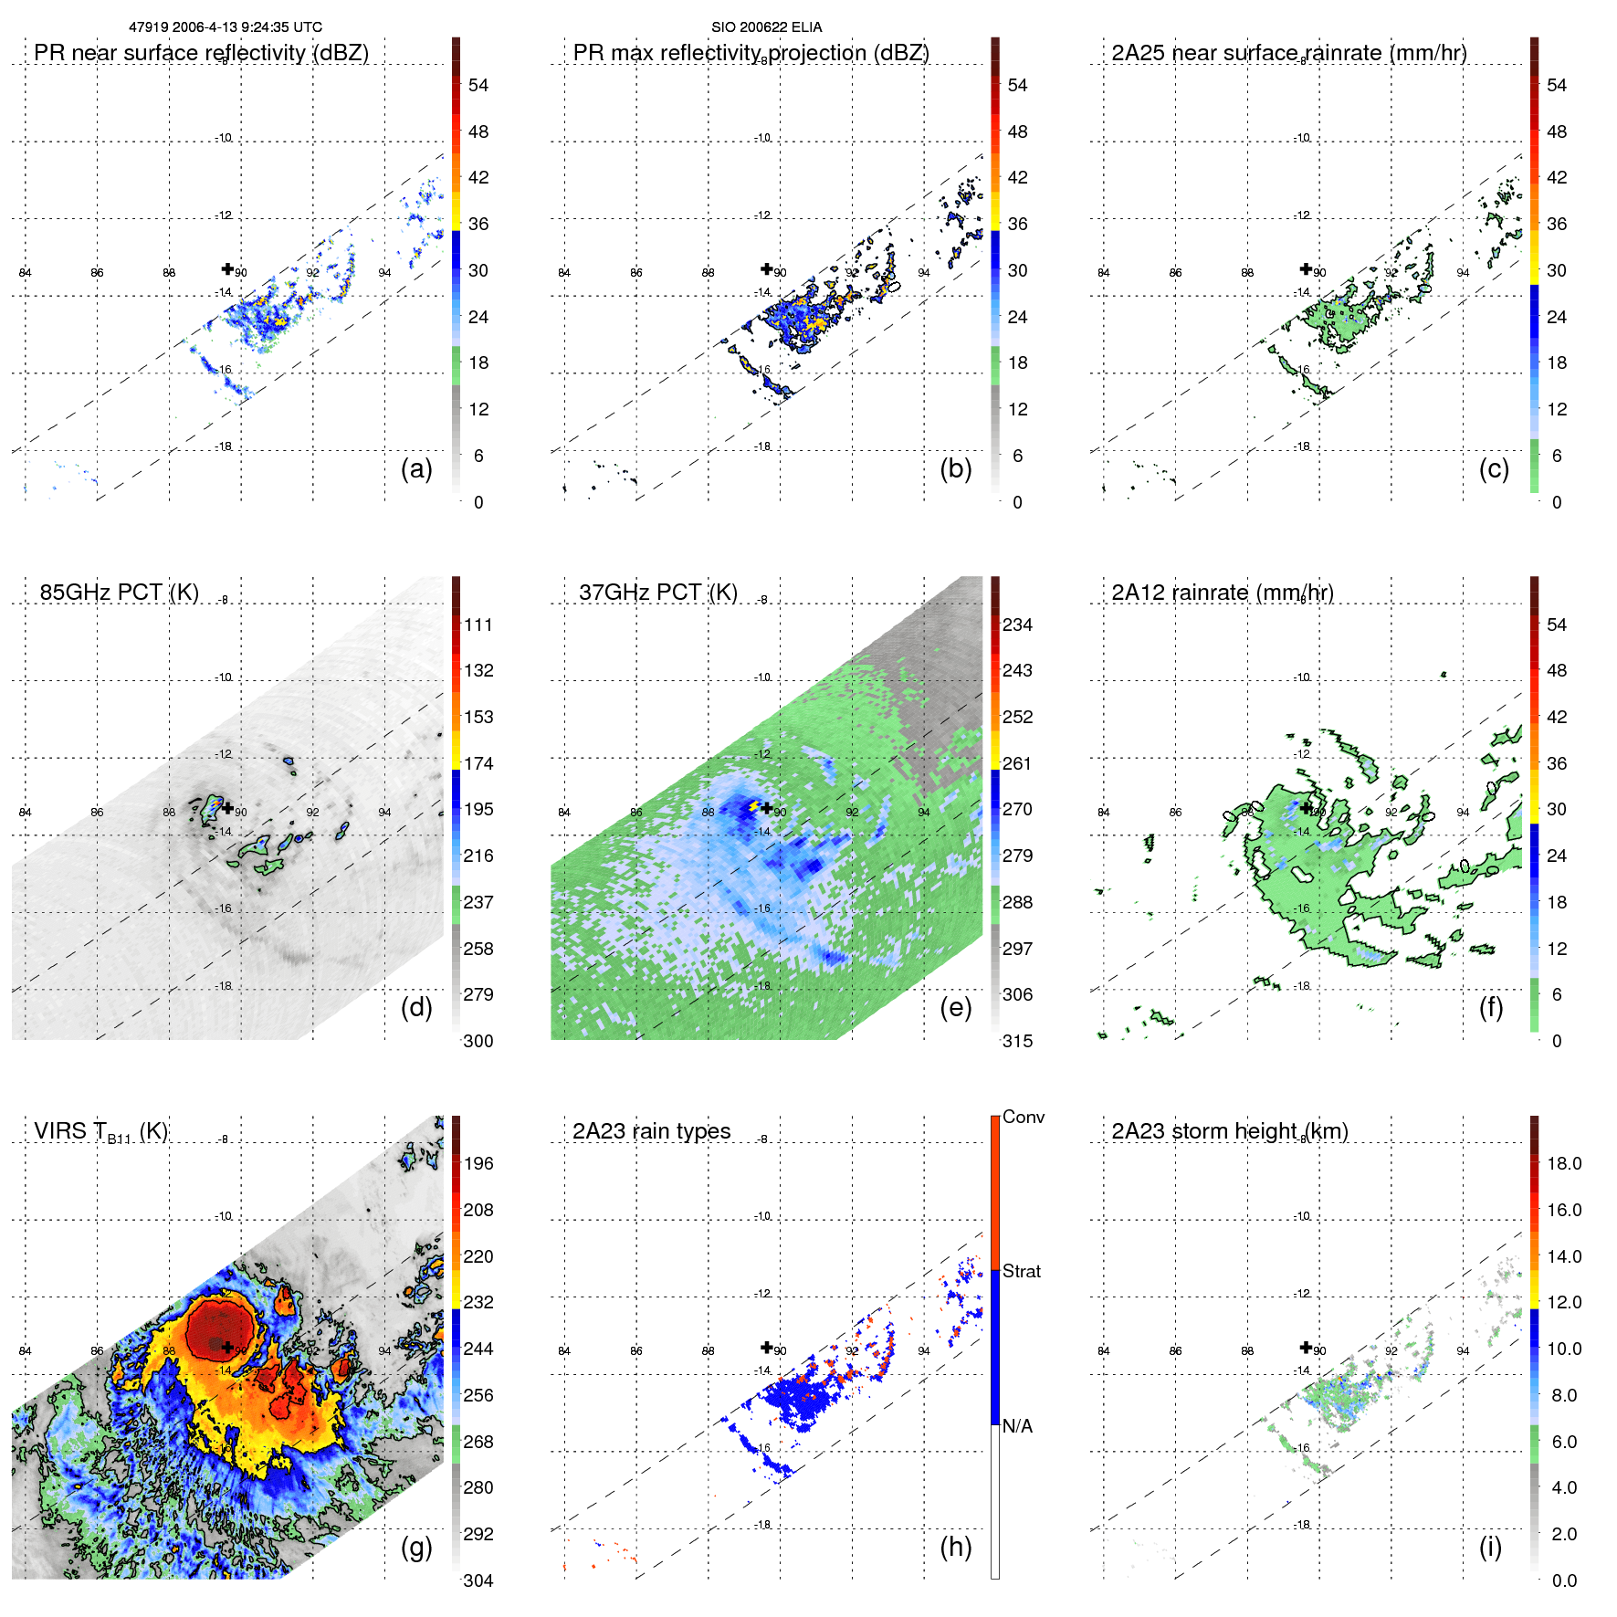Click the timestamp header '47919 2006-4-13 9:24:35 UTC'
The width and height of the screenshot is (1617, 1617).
pos(225,27)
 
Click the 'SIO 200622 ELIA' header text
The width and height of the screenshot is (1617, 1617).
pos(766,27)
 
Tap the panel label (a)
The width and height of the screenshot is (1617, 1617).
pos(416,469)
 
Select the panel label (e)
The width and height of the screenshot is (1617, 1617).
pos(955,1007)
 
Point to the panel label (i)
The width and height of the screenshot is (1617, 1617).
pos(1490,1547)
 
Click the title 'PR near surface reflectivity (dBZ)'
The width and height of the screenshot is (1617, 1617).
pos(201,53)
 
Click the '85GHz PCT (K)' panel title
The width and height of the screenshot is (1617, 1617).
pos(119,593)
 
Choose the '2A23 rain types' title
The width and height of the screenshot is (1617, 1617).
pos(651,1131)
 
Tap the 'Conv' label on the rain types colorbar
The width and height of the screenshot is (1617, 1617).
pos(1023,1117)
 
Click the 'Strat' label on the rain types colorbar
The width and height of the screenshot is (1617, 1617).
pos(1021,1271)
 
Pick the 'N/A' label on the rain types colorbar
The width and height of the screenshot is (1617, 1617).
pos(1017,1426)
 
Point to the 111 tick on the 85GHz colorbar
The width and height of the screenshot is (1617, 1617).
pos(478,625)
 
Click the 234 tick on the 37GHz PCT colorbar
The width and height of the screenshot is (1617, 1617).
pos(1017,625)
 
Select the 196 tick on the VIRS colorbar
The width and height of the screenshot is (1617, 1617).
pos(478,1163)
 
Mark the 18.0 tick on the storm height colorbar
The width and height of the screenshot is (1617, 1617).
pos(1563,1163)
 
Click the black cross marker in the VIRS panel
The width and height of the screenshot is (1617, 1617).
pos(227,1348)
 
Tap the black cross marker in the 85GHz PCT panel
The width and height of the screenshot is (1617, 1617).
pos(227,808)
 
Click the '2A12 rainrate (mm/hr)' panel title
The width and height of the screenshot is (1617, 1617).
pos(1222,593)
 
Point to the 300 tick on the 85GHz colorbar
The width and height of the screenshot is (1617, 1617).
pos(478,1041)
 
